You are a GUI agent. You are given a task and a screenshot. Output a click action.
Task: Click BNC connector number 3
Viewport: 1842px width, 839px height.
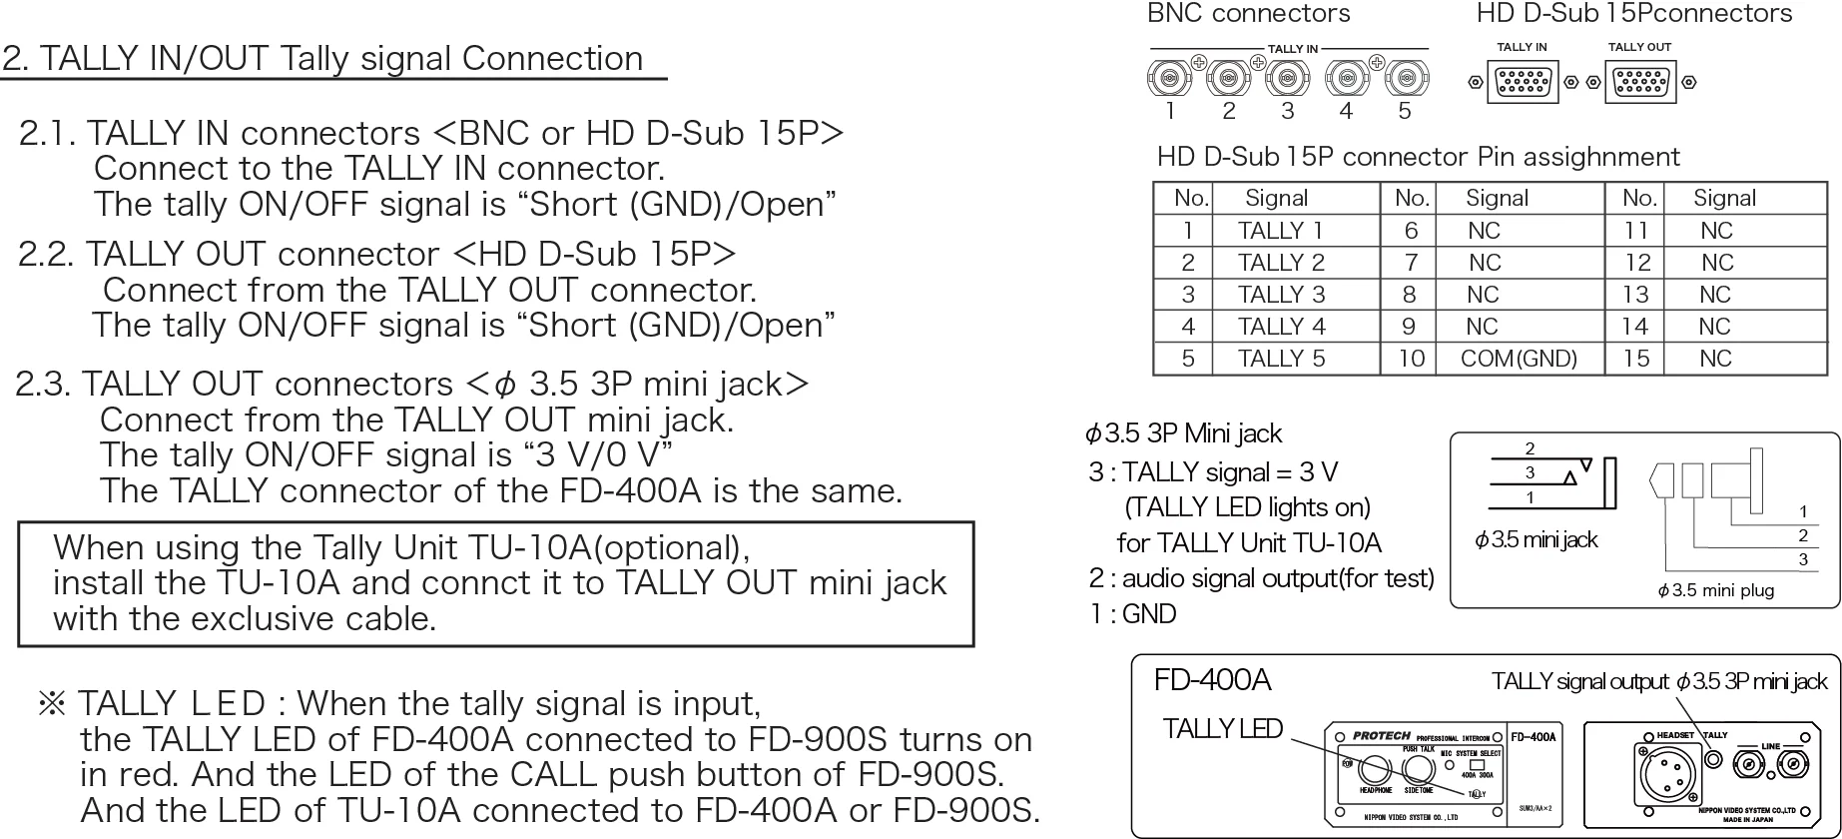click(x=1288, y=78)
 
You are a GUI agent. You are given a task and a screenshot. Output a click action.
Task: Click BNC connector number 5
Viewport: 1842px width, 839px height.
click(x=1406, y=78)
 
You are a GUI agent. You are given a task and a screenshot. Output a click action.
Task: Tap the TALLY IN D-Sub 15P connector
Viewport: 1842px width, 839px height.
click(x=1523, y=83)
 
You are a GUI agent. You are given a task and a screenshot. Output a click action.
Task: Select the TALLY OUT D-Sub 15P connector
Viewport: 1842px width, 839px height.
click(x=1640, y=83)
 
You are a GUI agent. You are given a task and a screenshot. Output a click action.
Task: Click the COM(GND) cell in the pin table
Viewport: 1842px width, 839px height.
click(x=1519, y=359)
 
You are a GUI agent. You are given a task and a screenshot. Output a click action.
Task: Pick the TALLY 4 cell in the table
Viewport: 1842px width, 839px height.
click(x=1282, y=327)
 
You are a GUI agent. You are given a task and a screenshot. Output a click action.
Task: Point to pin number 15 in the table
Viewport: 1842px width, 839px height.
click(x=1636, y=359)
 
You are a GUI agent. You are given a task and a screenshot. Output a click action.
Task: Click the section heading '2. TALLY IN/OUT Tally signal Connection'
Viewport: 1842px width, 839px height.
click(x=322, y=59)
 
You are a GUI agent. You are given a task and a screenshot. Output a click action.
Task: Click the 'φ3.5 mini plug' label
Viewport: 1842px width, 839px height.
click(x=1715, y=590)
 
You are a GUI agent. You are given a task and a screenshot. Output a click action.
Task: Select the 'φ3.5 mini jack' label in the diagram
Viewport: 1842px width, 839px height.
click(x=1535, y=540)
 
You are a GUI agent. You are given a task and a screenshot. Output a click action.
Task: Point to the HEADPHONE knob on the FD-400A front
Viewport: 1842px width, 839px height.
click(x=1374, y=769)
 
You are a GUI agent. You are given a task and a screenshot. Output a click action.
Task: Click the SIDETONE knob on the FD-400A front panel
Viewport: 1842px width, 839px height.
click(x=1418, y=769)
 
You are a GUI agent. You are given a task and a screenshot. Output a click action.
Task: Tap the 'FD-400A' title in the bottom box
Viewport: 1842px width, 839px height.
click(x=1212, y=681)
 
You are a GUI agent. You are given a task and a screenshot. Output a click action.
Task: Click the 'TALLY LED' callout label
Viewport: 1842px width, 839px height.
click(x=1222, y=729)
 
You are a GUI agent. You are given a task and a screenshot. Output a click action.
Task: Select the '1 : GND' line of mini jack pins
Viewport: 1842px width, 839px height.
click(x=1132, y=614)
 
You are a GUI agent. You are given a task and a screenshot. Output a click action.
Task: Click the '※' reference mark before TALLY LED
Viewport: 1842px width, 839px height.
click(x=52, y=704)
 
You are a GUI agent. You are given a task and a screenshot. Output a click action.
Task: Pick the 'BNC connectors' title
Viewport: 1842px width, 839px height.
click(x=1248, y=14)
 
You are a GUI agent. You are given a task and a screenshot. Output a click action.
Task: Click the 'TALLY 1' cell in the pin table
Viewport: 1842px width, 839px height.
click(x=1280, y=231)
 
